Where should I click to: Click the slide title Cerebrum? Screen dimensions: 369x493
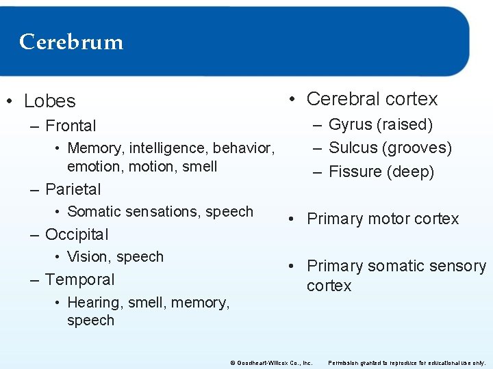point(71,42)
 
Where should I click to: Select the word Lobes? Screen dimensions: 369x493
point(49,101)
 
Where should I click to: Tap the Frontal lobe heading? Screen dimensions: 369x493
point(71,126)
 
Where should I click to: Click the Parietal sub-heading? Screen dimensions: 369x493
point(73,189)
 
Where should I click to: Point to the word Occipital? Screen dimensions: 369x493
point(77,234)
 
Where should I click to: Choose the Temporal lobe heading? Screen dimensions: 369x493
point(79,279)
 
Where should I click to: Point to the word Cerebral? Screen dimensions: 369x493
point(340,99)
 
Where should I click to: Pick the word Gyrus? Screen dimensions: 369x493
point(350,124)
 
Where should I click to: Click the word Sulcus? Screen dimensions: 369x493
point(353,148)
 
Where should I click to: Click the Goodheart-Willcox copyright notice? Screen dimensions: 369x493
point(271,363)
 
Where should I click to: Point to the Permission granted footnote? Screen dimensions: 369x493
point(407,363)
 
